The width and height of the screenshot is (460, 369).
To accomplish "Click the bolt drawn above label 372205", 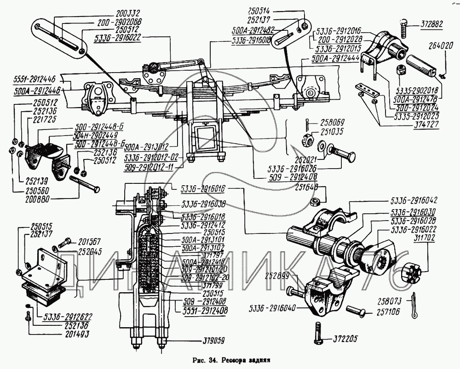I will (x=318, y=332).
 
